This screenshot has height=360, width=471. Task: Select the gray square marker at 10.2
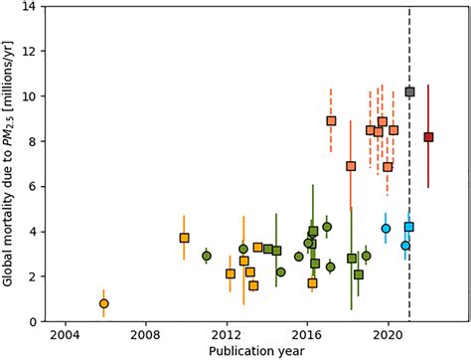[x=409, y=91]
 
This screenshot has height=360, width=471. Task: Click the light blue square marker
[x=409, y=227]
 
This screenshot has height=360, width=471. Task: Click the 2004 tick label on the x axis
[x=65, y=336]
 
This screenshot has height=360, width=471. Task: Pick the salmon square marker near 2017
[x=331, y=121]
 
